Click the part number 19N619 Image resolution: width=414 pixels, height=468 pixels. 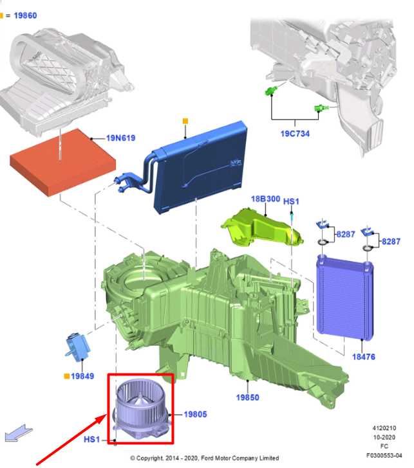(121, 138)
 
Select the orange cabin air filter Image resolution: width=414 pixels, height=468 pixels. (62, 162)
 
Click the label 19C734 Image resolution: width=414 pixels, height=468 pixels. (295, 134)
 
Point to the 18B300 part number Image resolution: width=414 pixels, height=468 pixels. (265, 199)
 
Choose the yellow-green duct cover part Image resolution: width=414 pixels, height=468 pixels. (262, 228)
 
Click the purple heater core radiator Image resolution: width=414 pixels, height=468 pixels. (344, 298)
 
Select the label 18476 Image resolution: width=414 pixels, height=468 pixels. (364, 357)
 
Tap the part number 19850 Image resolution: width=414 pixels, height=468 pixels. (247, 397)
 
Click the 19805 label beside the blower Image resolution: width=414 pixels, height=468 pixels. (195, 414)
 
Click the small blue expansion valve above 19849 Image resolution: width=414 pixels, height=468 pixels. (77, 347)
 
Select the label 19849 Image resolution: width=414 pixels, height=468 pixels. (82, 376)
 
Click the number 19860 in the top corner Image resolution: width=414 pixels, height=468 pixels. (25, 15)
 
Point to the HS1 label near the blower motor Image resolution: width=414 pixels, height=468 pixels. (91, 439)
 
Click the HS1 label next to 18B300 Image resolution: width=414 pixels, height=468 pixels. (291, 201)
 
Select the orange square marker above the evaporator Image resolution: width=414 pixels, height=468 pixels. (185, 121)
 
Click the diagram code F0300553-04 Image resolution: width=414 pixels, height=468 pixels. (384, 455)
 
